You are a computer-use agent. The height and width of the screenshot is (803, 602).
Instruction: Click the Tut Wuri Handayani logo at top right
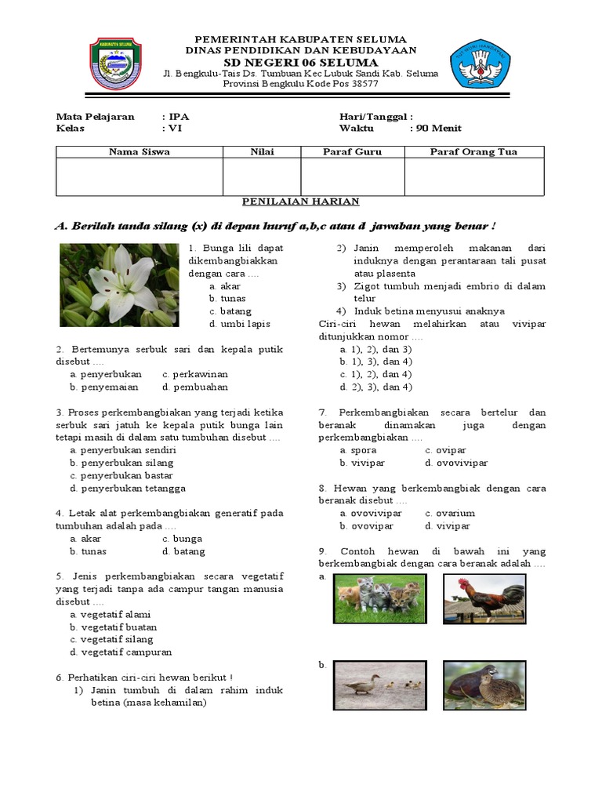[480, 64]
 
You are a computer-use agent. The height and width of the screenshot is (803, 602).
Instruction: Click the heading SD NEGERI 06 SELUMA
[301, 62]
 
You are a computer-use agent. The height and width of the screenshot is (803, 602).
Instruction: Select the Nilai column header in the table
[262, 152]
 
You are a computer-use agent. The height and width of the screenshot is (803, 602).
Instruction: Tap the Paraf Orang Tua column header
[473, 152]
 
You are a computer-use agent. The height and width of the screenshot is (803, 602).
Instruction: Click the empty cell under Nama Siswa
[140, 176]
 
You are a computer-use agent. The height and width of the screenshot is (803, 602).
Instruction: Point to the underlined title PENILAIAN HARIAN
[301, 202]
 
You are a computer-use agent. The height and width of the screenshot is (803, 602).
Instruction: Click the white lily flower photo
[118, 285]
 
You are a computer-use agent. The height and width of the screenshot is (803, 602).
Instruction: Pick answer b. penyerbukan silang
[121, 463]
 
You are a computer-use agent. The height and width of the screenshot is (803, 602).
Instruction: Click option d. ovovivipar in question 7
[456, 463]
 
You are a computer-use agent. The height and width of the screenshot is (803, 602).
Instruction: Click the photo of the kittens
[381, 598]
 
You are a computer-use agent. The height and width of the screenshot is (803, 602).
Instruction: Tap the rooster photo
[484, 598]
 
